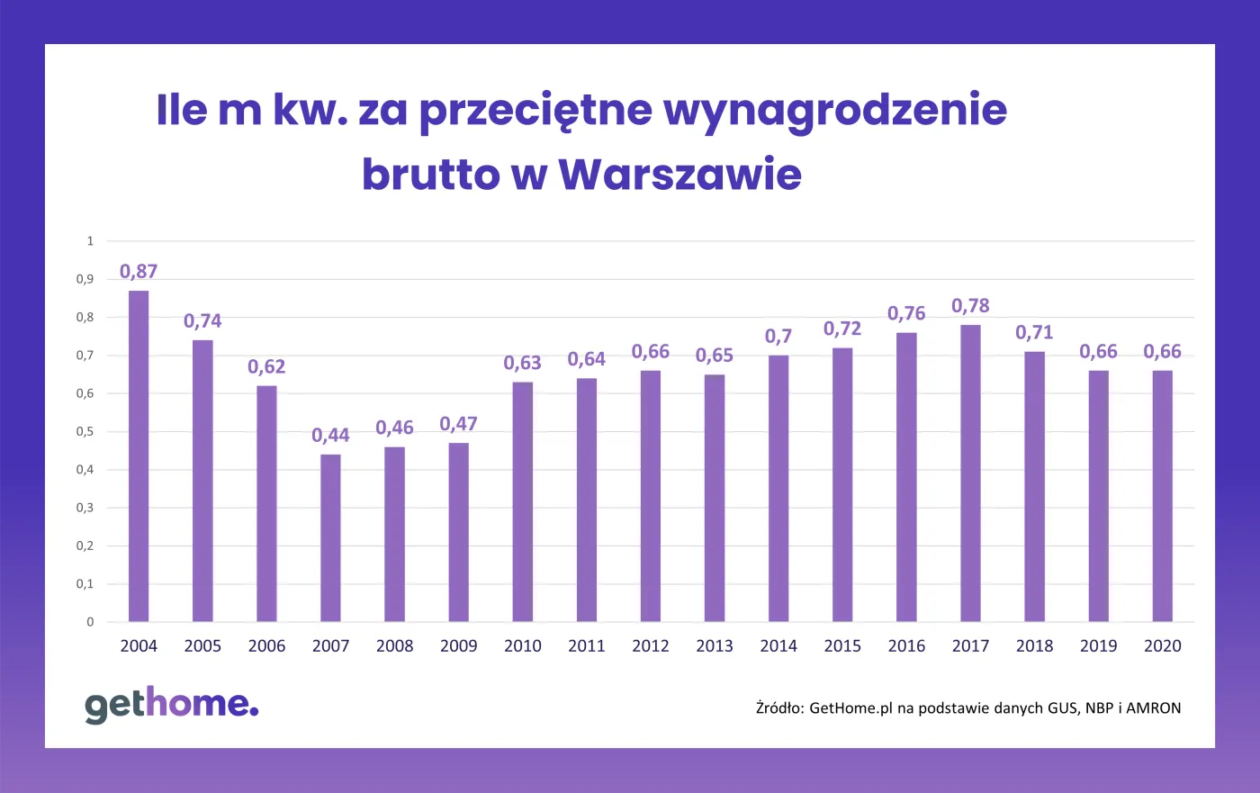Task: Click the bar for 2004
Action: [x=139, y=456]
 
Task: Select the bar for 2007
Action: [x=330, y=537]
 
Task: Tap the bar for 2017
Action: [x=970, y=473]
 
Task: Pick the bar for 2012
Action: [x=651, y=496]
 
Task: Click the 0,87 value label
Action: [x=139, y=271]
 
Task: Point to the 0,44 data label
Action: [x=330, y=435]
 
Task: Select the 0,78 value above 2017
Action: [x=970, y=305]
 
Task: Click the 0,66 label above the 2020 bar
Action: [x=1162, y=351]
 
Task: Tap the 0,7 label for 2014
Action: [x=778, y=336]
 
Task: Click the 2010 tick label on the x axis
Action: [x=522, y=645]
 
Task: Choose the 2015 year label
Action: [x=842, y=645]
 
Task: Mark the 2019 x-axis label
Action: [x=1098, y=645]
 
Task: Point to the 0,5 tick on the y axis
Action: [x=85, y=431]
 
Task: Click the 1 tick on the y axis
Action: [x=90, y=240]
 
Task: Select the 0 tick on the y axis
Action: [x=90, y=621]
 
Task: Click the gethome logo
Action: [x=171, y=705]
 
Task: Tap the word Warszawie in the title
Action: [x=679, y=174]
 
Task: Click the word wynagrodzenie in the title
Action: [x=834, y=110]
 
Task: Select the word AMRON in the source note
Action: [x=1153, y=707]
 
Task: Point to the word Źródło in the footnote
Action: [x=778, y=707]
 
